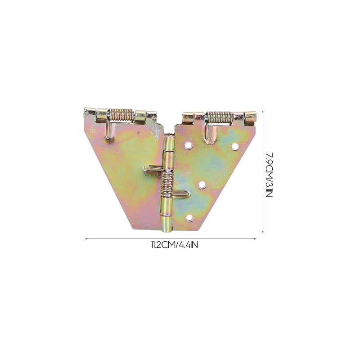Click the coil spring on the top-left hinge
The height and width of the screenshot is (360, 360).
click(121, 115)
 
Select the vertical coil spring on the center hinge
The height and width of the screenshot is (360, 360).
click(167, 183)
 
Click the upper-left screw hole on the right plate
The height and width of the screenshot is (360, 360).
click(188, 145)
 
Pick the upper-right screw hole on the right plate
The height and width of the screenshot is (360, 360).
click(234, 146)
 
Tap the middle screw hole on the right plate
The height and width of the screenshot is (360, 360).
click(202, 184)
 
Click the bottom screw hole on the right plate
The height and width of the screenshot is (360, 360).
click(189, 218)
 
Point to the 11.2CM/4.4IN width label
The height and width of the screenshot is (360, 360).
click(175, 245)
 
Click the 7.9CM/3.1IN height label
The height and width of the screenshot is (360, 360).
click(269, 175)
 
